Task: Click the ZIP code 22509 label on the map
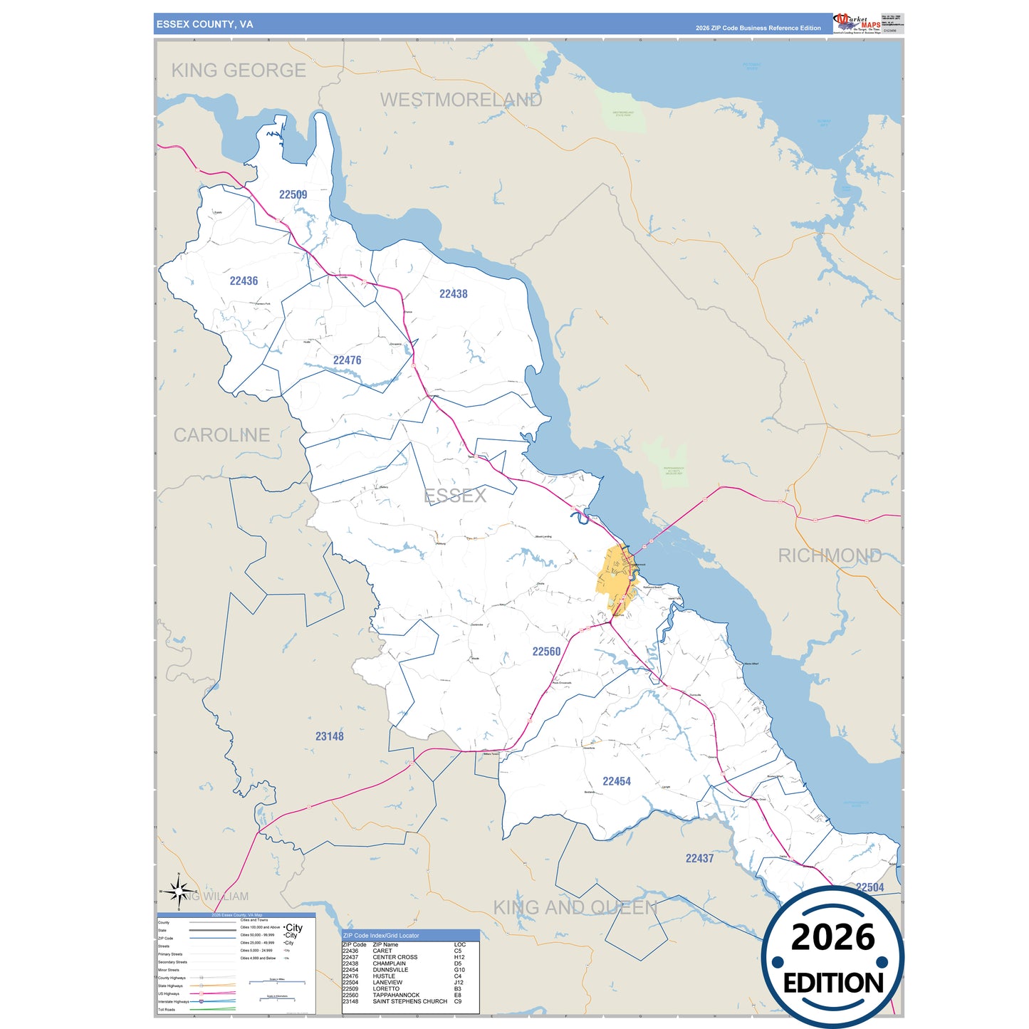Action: (x=293, y=194)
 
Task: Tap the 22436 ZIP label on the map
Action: (x=244, y=281)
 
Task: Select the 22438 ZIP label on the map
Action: (x=453, y=294)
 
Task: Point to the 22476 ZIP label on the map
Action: (x=347, y=360)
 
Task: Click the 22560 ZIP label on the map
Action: (x=546, y=652)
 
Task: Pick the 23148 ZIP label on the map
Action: (x=329, y=736)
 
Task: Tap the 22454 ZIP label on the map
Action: (x=616, y=781)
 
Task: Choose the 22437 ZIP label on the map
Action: (x=699, y=859)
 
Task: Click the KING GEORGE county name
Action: (x=239, y=70)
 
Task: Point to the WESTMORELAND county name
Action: (x=461, y=100)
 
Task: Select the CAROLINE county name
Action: (x=221, y=435)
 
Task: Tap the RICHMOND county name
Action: (x=829, y=555)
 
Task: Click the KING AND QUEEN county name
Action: (x=575, y=908)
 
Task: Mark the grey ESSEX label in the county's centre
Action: (x=455, y=496)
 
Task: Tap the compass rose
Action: (x=179, y=892)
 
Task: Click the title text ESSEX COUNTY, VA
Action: (x=204, y=24)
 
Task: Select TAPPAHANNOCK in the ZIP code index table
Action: (x=396, y=996)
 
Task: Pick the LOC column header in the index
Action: (x=459, y=945)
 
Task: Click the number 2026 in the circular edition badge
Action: (x=832, y=938)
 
